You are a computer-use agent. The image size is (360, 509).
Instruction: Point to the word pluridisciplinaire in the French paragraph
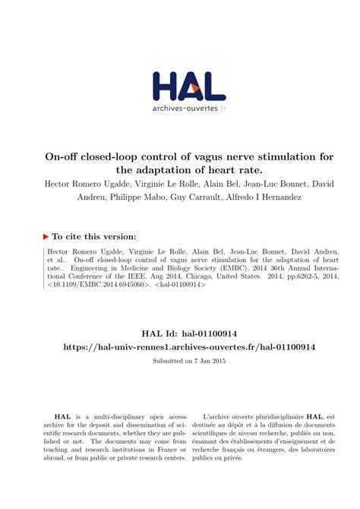click(280, 416)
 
